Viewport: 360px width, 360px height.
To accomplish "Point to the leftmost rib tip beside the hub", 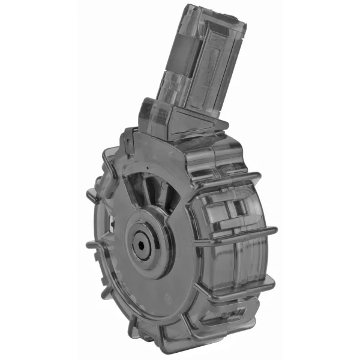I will coord(90,245).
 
